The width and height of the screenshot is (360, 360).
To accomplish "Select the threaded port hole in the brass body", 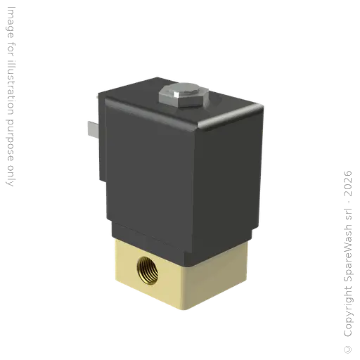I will point(148,266).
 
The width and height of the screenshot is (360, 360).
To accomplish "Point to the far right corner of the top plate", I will point(265,105).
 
